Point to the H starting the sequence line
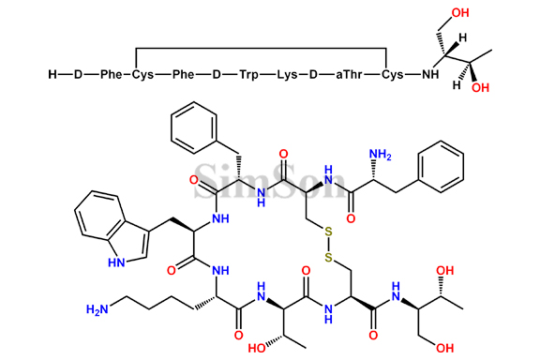(53, 73)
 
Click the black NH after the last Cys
(433, 73)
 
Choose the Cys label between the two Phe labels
(142, 73)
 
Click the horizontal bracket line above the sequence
(262, 45)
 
